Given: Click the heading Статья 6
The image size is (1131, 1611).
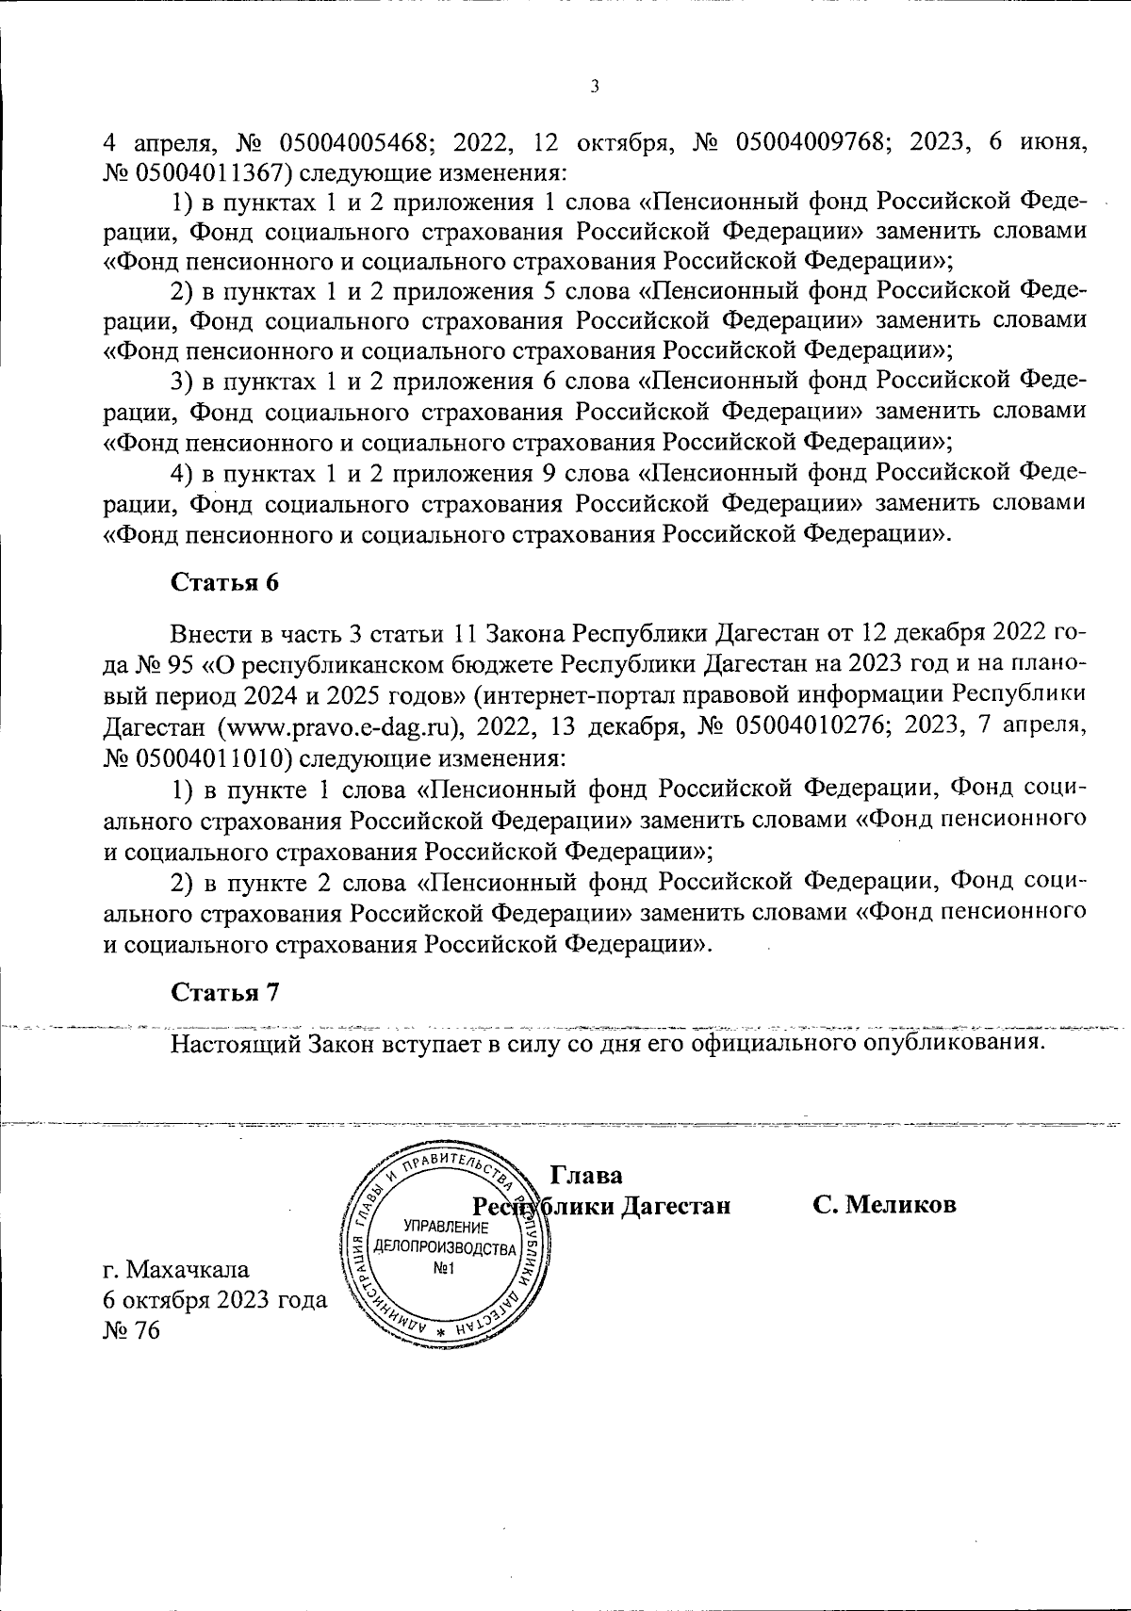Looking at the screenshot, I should coord(225,582).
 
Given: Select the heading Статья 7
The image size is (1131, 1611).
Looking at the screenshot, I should coord(225,992).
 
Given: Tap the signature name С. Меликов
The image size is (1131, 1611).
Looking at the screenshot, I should coord(885,1206).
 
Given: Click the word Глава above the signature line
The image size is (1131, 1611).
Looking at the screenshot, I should coord(586,1176).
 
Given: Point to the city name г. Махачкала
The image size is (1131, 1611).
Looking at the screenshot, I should coord(176,1268).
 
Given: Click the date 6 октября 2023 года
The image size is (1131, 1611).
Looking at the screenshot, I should coord(215,1299).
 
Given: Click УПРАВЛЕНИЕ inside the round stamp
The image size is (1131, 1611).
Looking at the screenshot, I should coord(444,1228).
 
